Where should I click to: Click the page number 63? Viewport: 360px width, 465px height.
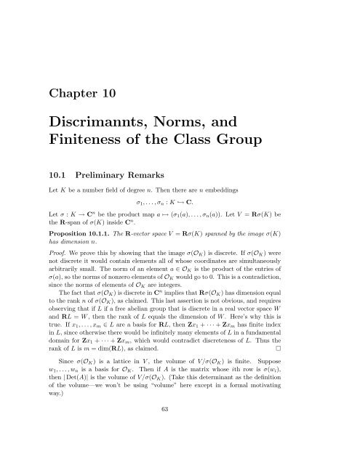[180, 448]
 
